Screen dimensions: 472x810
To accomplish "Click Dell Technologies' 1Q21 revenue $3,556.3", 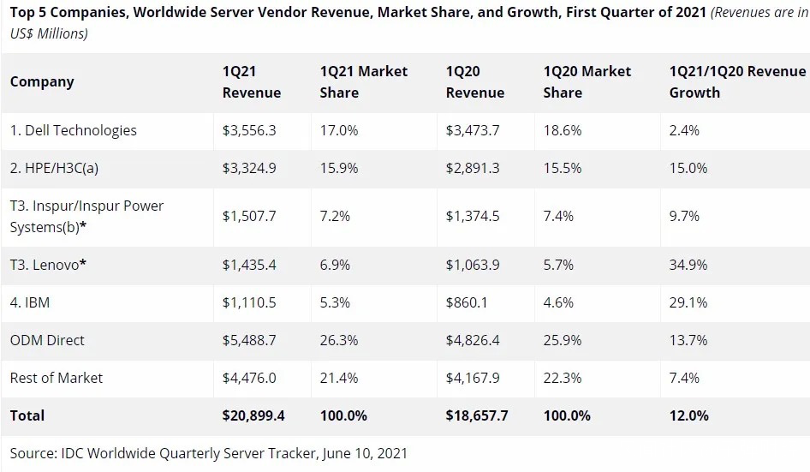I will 249,130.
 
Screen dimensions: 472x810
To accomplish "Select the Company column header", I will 42,82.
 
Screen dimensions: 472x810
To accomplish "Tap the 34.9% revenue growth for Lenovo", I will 688,265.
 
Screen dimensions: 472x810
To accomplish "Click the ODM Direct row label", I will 47,340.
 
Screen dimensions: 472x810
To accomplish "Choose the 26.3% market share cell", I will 339,340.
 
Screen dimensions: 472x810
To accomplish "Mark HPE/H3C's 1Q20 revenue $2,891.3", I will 473,168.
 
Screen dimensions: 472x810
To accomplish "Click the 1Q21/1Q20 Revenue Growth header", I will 737,82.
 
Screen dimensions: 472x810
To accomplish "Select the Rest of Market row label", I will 57,378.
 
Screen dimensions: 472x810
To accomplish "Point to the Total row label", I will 27,415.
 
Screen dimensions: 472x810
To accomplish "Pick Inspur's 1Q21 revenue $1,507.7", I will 249,216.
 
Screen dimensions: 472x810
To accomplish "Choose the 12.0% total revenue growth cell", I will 688,415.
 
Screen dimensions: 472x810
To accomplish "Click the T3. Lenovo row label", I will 48,265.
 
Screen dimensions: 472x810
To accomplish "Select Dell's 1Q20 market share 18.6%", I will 563,130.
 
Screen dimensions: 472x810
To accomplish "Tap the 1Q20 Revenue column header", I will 475,82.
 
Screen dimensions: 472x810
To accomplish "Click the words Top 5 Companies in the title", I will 69,13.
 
